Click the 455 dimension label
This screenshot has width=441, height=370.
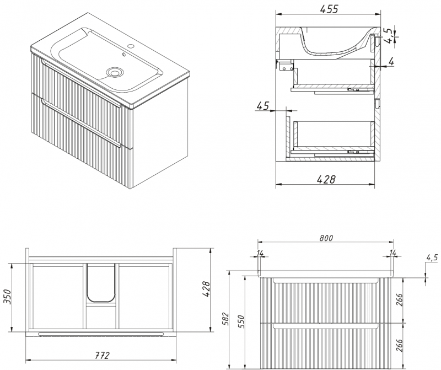tap(329, 9)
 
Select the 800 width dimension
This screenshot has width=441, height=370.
tap(326, 238)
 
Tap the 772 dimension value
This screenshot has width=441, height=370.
tap(101, 355)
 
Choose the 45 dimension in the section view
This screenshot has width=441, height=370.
tap(263, 106)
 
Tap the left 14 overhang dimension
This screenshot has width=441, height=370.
tap(260, 253)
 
